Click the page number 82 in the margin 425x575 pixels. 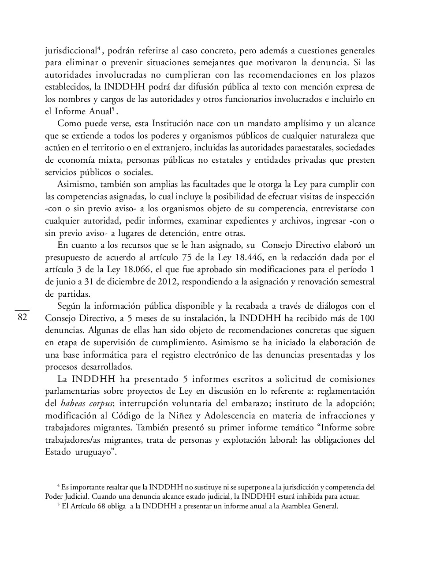pos(22,317)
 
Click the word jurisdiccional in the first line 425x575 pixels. pos(71,51)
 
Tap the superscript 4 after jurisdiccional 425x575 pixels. pos(99,48)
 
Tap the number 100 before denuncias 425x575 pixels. pos(367,318)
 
